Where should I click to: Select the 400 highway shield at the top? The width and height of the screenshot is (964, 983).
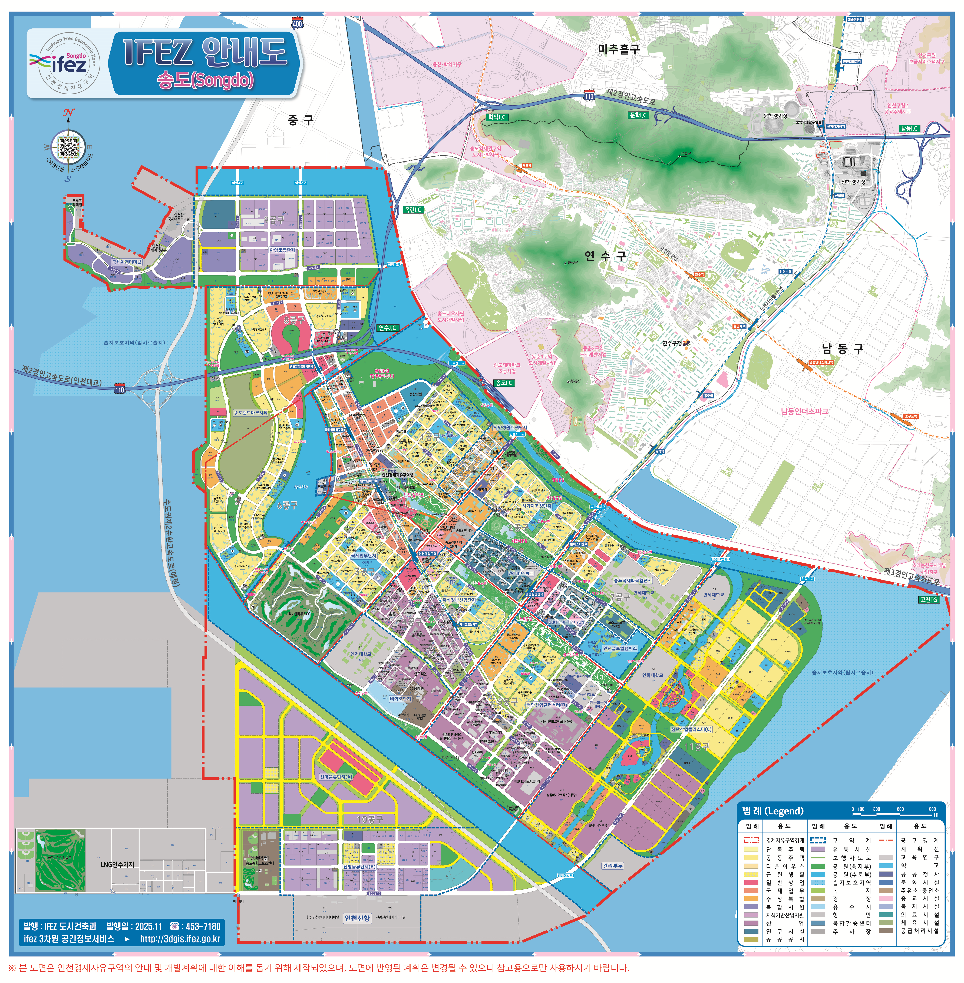pyautogui.click(x=297, y=23)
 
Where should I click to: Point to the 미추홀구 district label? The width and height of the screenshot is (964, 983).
pyautogui.click(x=619, y=49)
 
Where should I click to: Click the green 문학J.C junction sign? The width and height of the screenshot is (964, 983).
pyautogui.click(x=638, y=115)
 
